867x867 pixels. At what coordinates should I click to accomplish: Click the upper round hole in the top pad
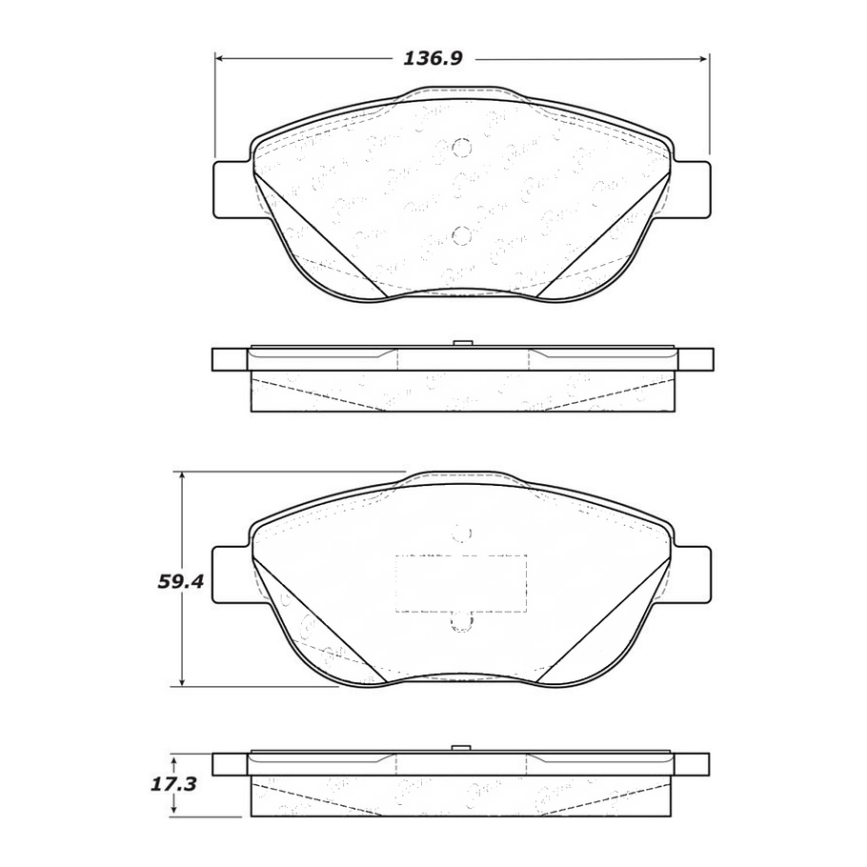(461, 148)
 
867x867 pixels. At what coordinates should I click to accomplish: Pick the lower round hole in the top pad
(461, 235)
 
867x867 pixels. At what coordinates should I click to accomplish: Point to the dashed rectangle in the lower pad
(461, 583)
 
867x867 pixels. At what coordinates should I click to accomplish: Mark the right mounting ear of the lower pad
(693, 574)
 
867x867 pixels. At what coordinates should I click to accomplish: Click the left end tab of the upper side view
(229, 359)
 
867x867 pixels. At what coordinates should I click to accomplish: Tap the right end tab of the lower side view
(695, 764)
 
